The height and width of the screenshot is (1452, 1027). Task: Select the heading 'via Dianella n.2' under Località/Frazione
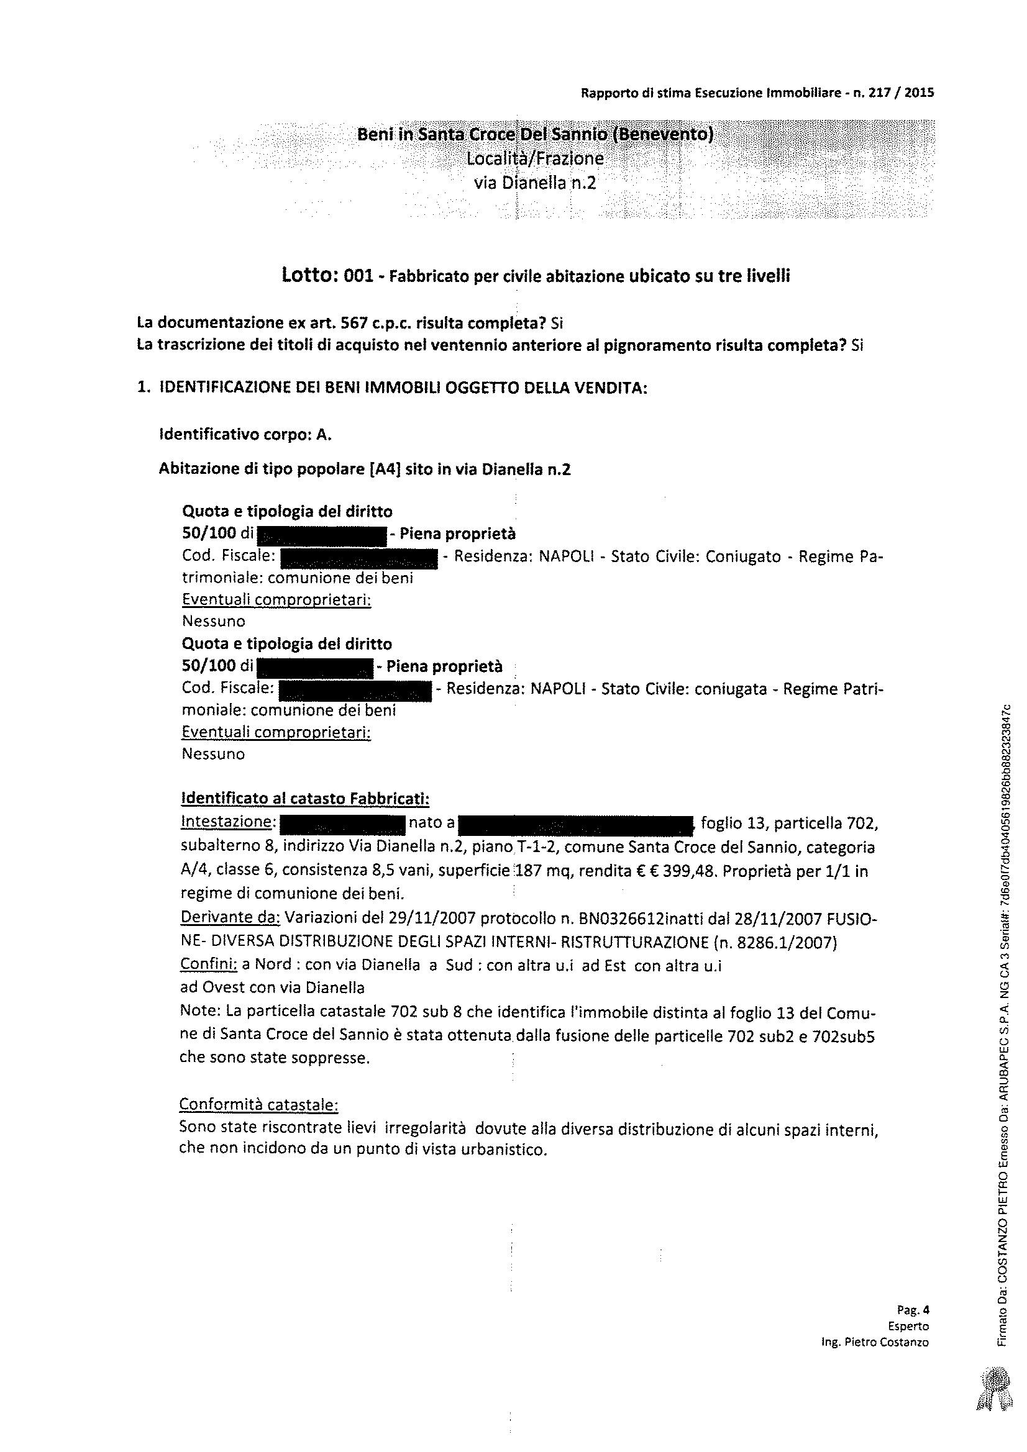pos(535,183)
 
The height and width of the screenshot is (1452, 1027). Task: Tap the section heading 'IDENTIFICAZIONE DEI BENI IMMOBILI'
pos(403,388)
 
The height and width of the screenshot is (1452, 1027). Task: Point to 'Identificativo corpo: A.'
pos(245,435)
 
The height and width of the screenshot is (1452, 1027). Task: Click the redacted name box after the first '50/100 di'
pos(321,535)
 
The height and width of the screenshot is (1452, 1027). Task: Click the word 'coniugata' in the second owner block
pos(729,689)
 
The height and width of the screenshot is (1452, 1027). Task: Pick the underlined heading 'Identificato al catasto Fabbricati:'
pos(305,799)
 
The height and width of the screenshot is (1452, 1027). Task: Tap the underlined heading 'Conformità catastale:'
pos(259,1104)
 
